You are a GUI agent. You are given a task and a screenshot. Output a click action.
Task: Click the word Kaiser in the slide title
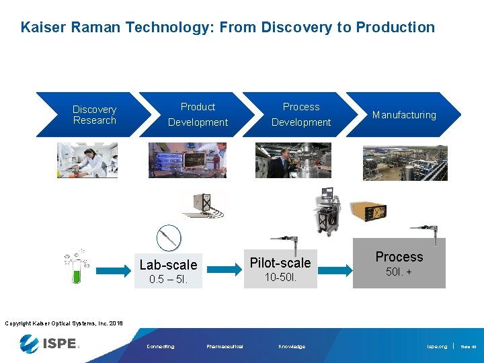[x=42, y=28]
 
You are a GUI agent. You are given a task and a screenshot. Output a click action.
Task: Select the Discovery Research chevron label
[x=94, y=115]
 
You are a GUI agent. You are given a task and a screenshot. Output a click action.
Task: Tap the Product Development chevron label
[x=198, y=115]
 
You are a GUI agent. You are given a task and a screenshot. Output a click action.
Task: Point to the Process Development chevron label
[x=301, y=115]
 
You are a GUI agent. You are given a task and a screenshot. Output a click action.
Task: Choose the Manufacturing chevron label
[x=404, y=115]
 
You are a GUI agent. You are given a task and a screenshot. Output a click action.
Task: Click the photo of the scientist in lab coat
[x=87, y=160]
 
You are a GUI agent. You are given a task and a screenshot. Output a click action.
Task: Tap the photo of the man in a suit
[x=292, y=160]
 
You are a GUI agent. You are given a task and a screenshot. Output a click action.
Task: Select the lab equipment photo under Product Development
[x=188, y=160]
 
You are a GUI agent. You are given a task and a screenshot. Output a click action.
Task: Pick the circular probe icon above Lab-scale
[x=169, y=237]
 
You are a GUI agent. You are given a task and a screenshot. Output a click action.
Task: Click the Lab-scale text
[x=168, y=265]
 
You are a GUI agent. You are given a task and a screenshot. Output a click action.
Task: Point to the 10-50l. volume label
[x=280, y=277]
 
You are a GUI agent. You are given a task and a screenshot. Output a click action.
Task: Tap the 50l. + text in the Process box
[x=399, y=272]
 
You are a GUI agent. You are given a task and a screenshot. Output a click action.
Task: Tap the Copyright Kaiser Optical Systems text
[x=64, y=323]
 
